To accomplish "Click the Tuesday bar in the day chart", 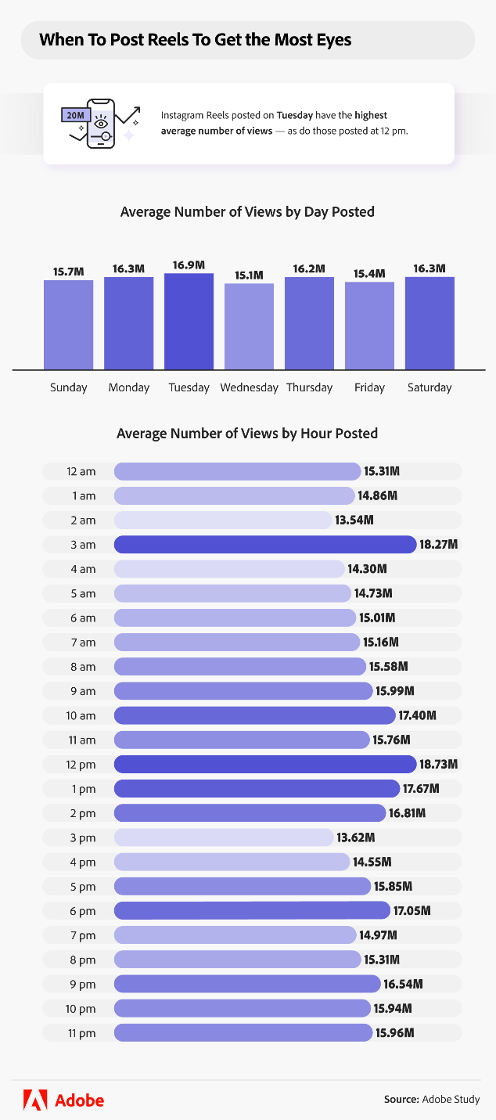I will [x=189, y=322].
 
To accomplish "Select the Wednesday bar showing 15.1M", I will [x=249, y=326].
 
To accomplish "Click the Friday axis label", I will [x=369, y=387].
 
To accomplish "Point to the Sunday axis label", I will [x=68, y=387].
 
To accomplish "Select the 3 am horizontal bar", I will [x=264, y=544].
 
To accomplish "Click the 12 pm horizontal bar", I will [x=264, y=764].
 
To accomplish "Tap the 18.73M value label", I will [x=438, y=764].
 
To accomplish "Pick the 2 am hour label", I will [x=82, y=520].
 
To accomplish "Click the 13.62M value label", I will [x=356, y=837].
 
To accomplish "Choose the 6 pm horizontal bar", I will [x=251, y=910].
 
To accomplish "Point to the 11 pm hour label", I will [x=82, y=1033].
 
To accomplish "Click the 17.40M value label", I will [x=417, y=715].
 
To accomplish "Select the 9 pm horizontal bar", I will [x=246, y=984].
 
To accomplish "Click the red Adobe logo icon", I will [x=35, y=1100].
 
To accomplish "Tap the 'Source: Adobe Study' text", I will [x=431, y=1100].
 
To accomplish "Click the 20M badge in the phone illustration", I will [x=76, y=115].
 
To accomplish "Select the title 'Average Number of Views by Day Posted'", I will [x=247, y=211].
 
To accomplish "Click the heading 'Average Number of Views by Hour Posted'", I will [x=247, y=433].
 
